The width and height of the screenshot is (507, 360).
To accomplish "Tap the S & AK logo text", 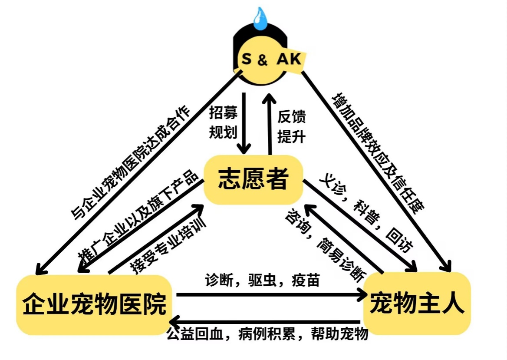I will pos(271,59).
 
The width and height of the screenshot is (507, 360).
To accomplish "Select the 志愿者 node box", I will pos(253,178).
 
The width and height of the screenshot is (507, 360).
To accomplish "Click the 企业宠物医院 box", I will pos(94,304).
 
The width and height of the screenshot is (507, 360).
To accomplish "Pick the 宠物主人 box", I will pos(417,303).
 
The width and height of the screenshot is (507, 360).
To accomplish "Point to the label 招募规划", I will pos(223,123).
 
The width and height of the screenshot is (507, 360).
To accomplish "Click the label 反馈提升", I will pos(291,126).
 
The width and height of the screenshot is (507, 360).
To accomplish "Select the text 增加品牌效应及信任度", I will pos(376,152).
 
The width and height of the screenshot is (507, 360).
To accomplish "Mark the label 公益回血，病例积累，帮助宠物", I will pos(267,334).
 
